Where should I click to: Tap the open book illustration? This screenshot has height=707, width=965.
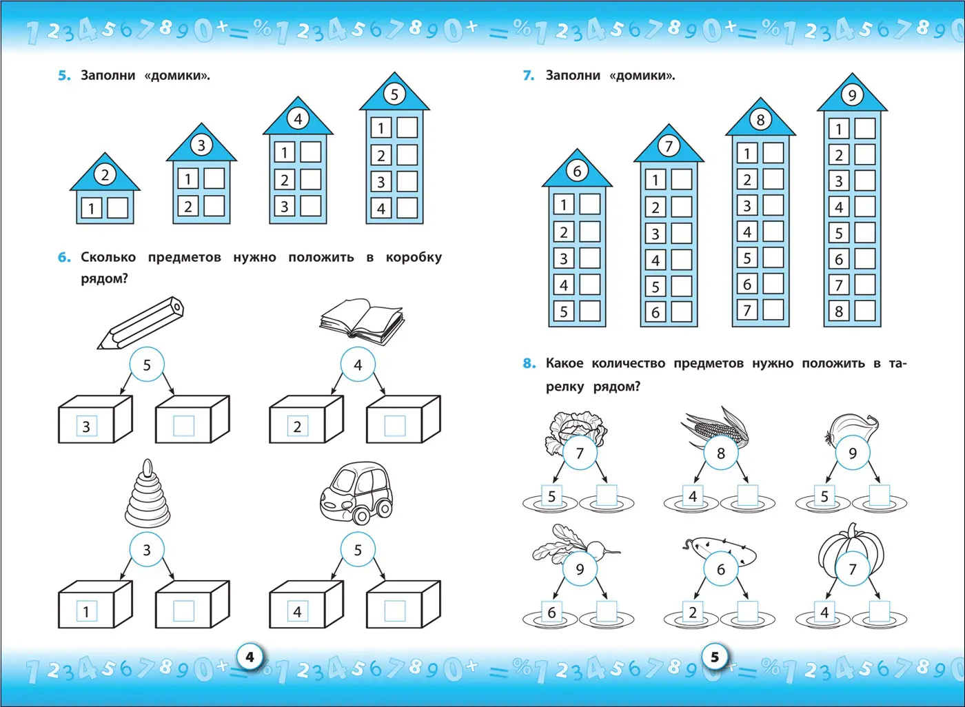pyautogui.click(x=362, y=321)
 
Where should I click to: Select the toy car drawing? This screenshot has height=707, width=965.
pyautogui.click(x=356, y=493)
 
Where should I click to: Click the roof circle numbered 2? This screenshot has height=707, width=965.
pyautogui.click(x=105, y=175)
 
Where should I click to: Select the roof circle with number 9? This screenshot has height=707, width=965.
pyautogui.click(x=852, y=95)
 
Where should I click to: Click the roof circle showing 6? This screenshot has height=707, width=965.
pyautogui.click(x=577, y=171)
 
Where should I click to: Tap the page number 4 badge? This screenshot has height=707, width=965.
pyautogui.click(x=250, y=657)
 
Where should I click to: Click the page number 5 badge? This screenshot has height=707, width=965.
pyautogui.click(x=715, y=657)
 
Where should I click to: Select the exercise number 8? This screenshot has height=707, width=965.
pyautogui.click(x=529, y=363)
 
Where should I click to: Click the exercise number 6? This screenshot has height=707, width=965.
pyautogui.click(x=63, y=258)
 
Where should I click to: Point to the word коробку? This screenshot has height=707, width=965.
pyautogui.click(x=414, y=258)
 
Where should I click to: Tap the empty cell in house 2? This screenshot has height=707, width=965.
pyautogui.click(x=117, y=208)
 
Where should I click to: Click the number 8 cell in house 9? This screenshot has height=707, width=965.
pyautogui.click(x=839, y=311)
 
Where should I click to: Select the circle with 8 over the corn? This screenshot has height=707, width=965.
pyautogui.click(x=721, y=453)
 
